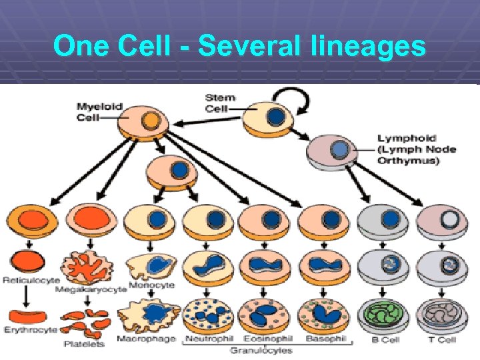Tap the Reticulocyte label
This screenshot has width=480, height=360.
point(31,281)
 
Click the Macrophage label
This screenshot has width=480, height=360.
point(145,339)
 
